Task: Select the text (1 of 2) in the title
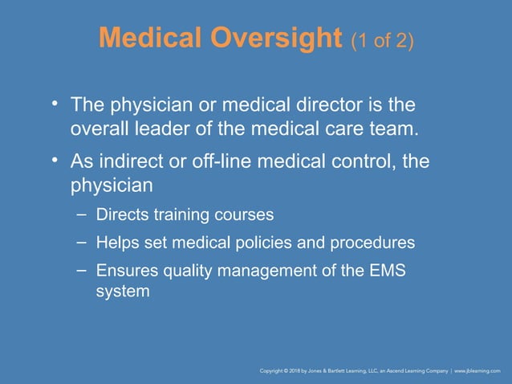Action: pos(383,39)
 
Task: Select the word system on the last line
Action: pos(122,292)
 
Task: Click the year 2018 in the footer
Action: pos(299,372)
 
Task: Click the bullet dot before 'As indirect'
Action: pos(55,161)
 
